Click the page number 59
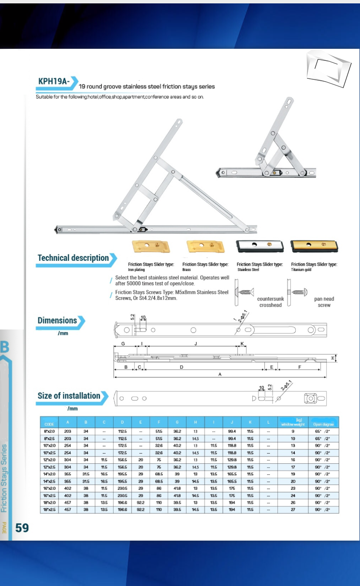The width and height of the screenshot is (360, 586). tap(22, 528)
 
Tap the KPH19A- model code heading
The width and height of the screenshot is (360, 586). tap(54, 81)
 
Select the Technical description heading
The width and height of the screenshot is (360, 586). tap(73, 258)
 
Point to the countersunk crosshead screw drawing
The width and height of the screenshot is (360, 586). tap(245, 292)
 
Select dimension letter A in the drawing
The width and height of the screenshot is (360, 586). tap(220, 375)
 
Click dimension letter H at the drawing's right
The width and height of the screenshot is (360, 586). tap(333, 358)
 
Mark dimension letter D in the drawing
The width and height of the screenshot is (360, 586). tap(181, 368)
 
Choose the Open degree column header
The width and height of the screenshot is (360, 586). tap(323, 424)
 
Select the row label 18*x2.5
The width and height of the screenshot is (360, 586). tap(49, 510)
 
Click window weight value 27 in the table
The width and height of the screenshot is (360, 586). tap(293, 510)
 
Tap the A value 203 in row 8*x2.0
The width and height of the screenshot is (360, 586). tap(68, 431)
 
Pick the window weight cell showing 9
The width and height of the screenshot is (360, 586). tap(293, 431)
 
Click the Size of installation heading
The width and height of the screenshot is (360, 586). tap(69, 396)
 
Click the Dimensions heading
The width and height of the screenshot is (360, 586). tap(58, 321)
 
